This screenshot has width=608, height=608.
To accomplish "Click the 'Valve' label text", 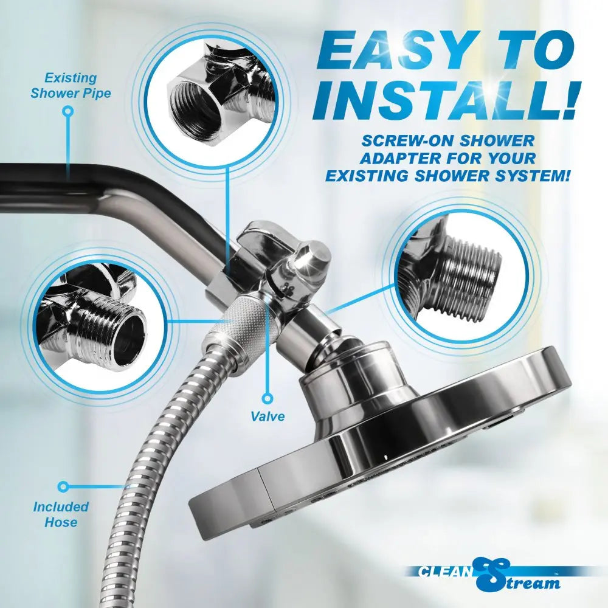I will pos(268,416).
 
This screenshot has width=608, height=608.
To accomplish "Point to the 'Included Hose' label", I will pos(61,514).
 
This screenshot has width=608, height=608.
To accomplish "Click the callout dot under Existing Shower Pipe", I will pos(68,111).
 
